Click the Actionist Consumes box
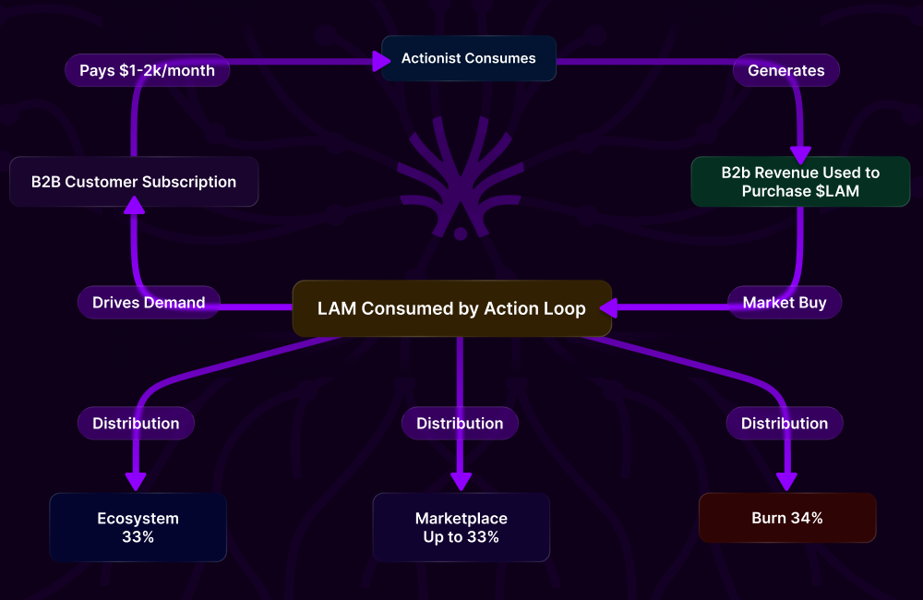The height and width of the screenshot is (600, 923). [468, 58]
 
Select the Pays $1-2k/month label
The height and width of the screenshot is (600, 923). [147, 70]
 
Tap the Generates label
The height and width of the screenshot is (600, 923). [785, 70]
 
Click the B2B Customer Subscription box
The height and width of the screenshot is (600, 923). [134, 182]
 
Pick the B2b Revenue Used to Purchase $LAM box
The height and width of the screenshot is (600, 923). [800, 181]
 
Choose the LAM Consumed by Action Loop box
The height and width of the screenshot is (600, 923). [451, 308]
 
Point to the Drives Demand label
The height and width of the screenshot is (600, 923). [149, 302]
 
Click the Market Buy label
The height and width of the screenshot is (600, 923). [785, 302]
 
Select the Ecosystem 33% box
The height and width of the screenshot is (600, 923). [138, 527]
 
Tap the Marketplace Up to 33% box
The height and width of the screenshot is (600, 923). [461, 527]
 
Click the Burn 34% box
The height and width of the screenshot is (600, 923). [787, 518]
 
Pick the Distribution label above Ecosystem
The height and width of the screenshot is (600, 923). [136, 424]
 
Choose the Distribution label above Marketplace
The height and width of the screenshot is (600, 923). [460, 424]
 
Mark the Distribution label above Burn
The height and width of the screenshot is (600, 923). [785, 424]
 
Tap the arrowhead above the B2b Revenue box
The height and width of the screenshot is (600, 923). [800, 154]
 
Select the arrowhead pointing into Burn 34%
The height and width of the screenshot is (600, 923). [786, 482]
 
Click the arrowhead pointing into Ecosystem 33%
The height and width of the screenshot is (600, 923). [136, 482]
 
